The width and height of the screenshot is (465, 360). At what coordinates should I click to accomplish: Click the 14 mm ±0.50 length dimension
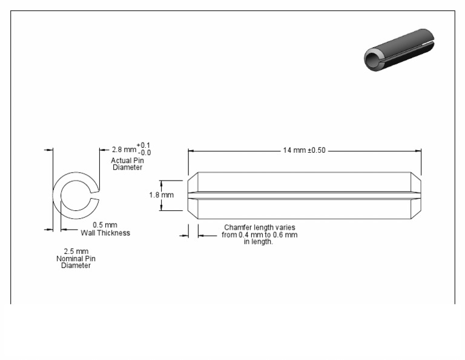(x=304, y=150)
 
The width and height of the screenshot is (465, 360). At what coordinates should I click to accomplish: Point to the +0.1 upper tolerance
(x=143, y=145)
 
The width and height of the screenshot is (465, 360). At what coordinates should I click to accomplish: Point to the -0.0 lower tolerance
(x=143, y=153)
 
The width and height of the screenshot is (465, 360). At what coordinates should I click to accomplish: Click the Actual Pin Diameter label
(x=127, y=164)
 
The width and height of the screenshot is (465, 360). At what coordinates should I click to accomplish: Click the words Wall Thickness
(x=105, y=233)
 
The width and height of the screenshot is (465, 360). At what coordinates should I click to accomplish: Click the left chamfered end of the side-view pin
(x=193, y=196)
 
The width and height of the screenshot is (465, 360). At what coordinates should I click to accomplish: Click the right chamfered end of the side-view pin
(x=417, y=196)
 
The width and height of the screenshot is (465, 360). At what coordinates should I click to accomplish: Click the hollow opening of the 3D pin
(x=372, y=58)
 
